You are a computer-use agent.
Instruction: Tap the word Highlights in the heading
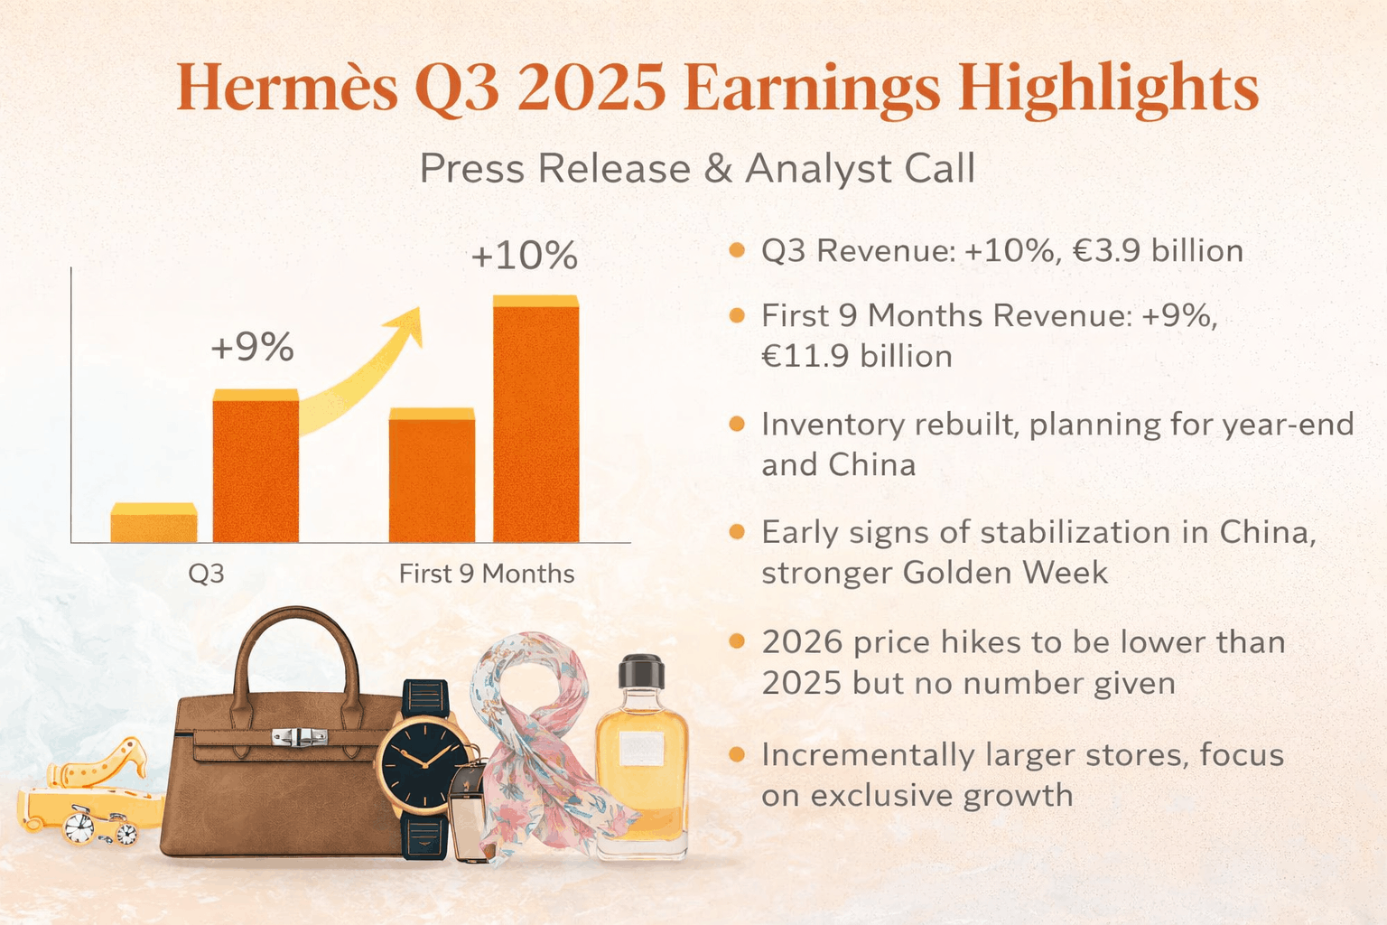coord(1108,89)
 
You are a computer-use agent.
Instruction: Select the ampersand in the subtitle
coord(718,169)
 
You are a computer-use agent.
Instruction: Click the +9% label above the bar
coord(252,347)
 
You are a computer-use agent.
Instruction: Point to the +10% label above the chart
coord(524,256)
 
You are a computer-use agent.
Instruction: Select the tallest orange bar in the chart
coord(535,420)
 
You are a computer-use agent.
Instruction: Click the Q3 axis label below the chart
coord(206,574)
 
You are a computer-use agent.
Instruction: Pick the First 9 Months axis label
coord(487,574)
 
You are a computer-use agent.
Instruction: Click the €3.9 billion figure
coord(1158,250)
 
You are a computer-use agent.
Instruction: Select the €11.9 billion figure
coord(856,356)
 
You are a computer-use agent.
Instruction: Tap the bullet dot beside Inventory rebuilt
coord(737,424)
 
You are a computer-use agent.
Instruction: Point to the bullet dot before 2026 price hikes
coord(737,641)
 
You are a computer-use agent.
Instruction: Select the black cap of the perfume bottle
coord(641,672)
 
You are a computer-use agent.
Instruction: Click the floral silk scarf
coord(540,741)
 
